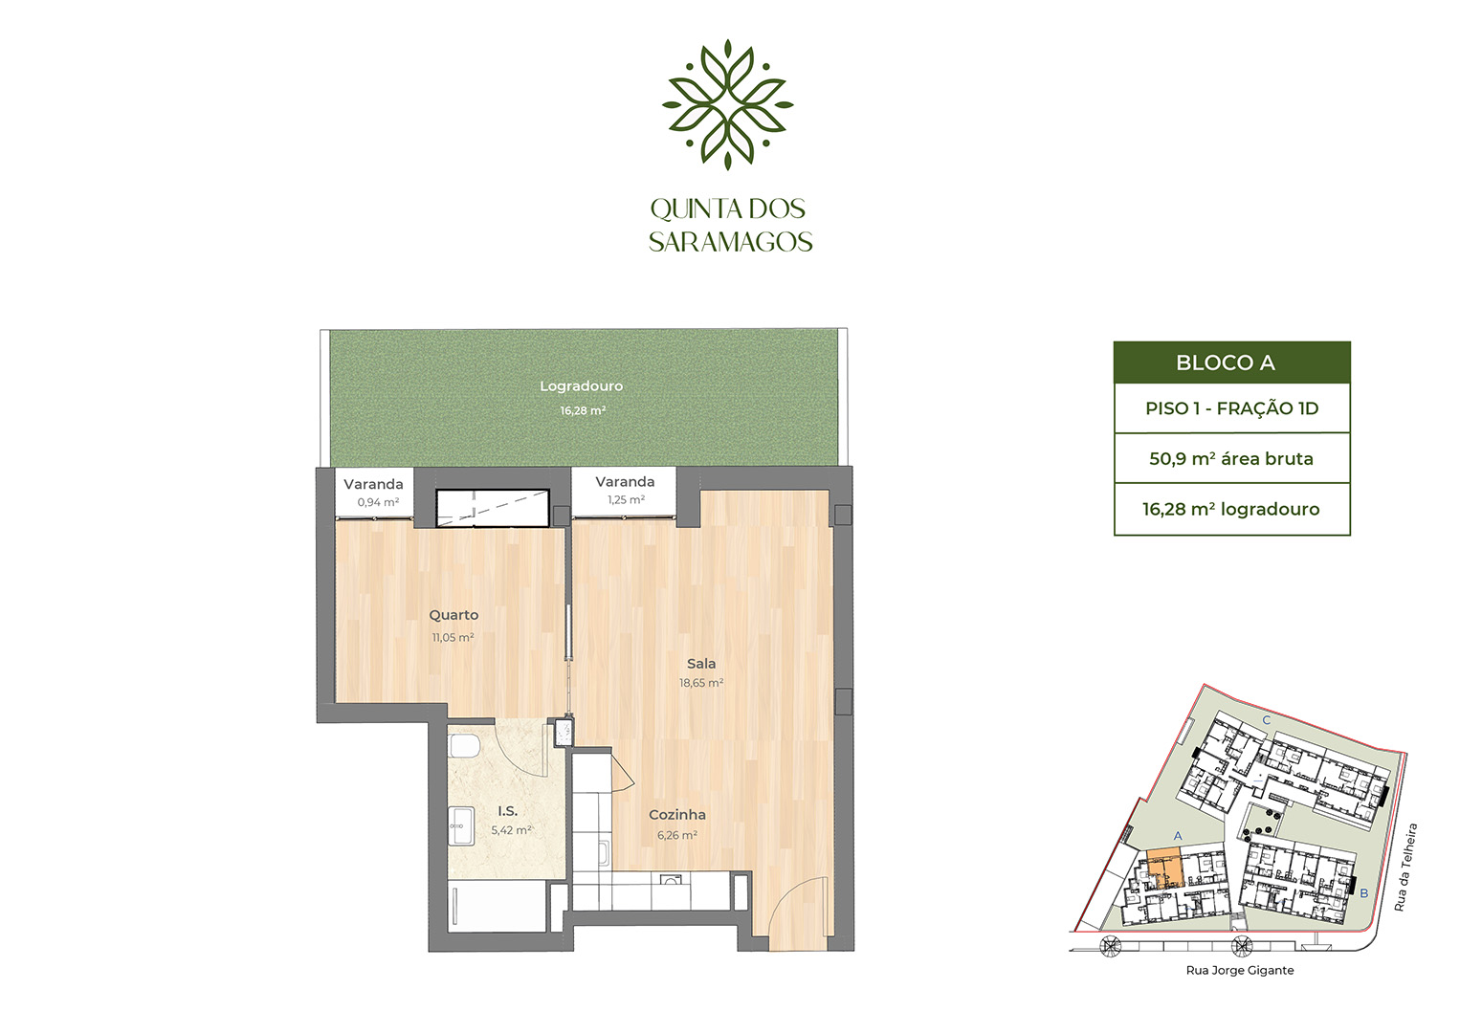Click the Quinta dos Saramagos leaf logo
coord(728,105)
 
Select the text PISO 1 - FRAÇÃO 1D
coord(1232,408)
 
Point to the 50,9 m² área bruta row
coord(1231,459)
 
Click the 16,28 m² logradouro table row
coord(1231,509)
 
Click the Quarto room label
coord(453,615)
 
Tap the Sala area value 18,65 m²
coord(701,683)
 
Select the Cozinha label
coord(677,815)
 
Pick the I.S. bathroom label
coord(507,811)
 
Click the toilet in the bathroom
coord(464,746)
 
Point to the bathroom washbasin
coord(461,825)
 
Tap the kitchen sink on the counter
coord(671,880)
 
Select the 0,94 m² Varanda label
coord(377,502)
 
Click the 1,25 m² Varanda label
coord(626,500)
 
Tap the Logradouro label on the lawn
coord(582,386)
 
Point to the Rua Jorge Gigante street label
coord(1240,971)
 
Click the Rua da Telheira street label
coord(1405,868)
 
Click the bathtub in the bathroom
coord(498,907)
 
